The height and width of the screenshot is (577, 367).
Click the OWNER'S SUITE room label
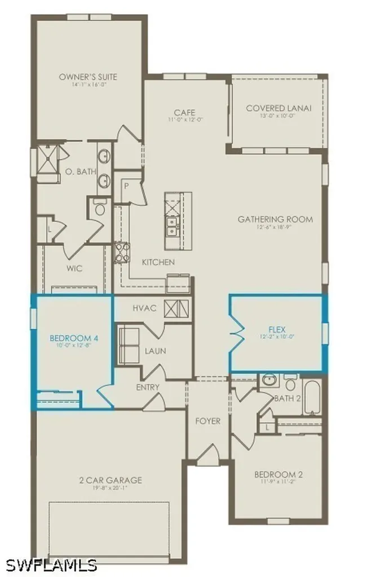tap(88, 77)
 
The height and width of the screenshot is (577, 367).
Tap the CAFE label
tap(185, 112)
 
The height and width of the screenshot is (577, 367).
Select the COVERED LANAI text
tap(278, 108)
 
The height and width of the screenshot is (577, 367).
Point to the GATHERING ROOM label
tap(275, 219)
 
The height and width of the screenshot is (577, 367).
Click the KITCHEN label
tap(158, 262)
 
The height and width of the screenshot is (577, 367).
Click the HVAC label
tap(144, 308)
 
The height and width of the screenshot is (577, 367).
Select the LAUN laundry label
tap(155, 350)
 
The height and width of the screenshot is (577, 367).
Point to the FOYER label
tap(208, 421)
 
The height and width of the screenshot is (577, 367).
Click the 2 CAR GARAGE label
tap(110, 481)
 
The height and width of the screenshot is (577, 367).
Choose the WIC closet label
tap(74, 269)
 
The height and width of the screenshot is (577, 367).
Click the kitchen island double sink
tap(172, 227)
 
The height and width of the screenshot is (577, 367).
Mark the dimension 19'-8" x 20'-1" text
tap(110, 488)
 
